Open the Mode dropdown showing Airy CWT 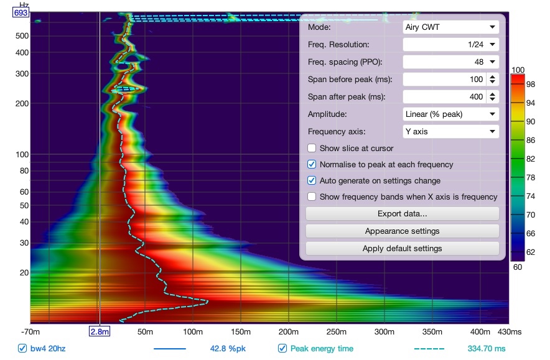[450, 27]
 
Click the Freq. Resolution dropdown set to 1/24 [450, 45]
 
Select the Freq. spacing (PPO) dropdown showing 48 [450, 62]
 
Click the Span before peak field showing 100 [444, 79]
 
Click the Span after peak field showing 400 [444, 97]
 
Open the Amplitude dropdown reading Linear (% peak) [450, 114]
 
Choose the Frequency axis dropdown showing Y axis [450, 131]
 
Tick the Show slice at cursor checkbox [312, 148]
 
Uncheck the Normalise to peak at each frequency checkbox [312, 164]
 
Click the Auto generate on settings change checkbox [312, 180]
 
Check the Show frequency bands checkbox [312, 196]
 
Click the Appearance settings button [403, 231]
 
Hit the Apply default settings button [403, 249]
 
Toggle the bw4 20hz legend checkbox [22, 348]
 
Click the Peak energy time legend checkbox [282, 348]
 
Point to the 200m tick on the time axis [289, 331]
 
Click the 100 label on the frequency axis [22, 155]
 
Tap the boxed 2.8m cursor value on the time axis [100, 331]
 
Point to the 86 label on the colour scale [531, 141]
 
